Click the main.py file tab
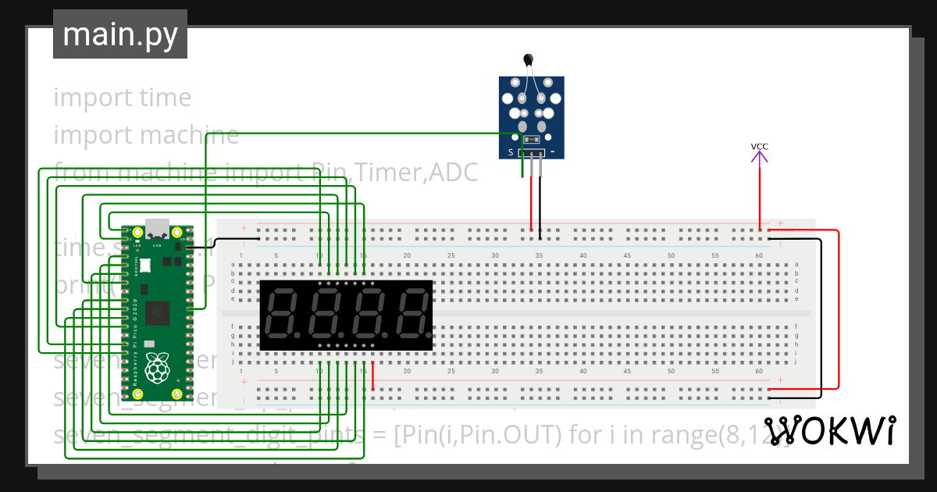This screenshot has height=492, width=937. [119, 34]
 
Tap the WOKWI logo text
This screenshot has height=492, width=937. [829, 431]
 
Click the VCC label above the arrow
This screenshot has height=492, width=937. [759, 147]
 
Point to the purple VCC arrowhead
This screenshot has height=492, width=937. [759, 157]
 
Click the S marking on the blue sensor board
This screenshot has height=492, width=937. [511, 152]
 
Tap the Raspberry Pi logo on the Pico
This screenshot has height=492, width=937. [159, 368]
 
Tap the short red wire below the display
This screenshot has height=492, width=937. [372, 376]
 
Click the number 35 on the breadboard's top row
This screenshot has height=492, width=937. [539, 256]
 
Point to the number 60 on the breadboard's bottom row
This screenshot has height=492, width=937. [759, 371]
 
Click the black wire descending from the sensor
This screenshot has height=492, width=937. [539, 203]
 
